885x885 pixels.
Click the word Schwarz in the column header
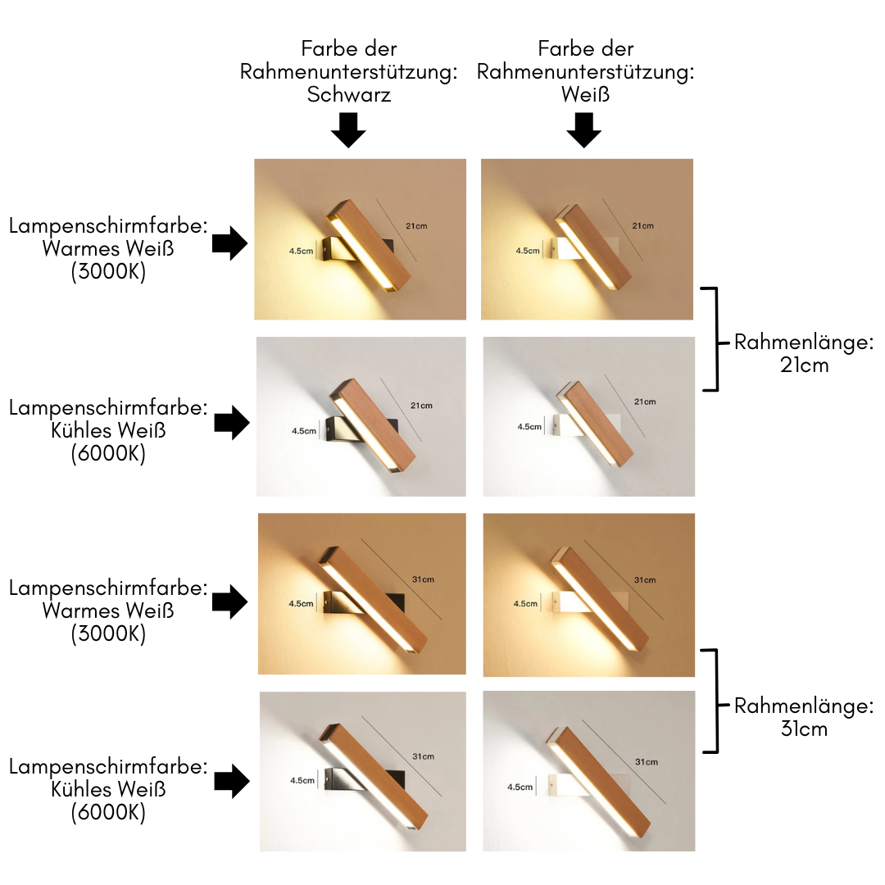[x=348, y=94]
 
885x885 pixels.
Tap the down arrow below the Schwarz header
[x=348, y=129]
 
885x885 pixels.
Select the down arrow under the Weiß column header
[x=584, y=129]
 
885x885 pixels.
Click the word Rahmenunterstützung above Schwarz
[x=348, y=71]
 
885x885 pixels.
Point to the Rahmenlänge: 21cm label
[x=803, y=353]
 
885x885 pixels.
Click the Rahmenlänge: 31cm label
[x=803, y=717]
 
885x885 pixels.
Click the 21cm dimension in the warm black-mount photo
[x=417, y=225]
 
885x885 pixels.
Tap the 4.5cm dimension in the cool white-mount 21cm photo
[x=529, y=426]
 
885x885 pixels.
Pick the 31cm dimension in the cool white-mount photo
[x=646, y=762]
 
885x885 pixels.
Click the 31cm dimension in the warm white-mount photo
[x=645, y=580]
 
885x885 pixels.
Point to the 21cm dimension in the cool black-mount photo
[x=421, y=406]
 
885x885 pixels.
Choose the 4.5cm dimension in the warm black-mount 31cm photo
[x=301, y=603]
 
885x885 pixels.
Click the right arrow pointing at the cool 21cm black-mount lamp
[x=232, y=423]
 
